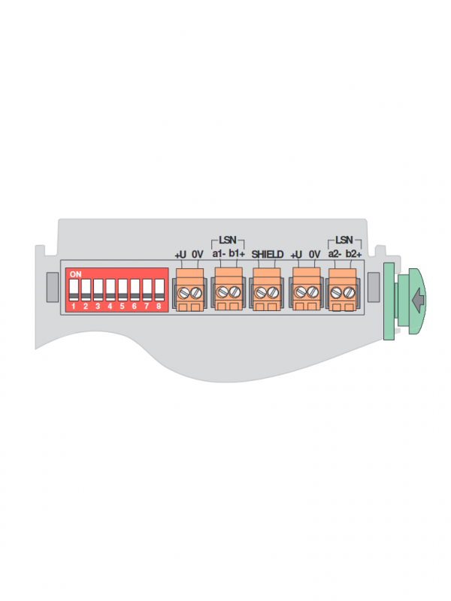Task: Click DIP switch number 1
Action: click(x=74, y=290)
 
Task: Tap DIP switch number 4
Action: click(x=110, y=290)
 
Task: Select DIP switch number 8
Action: click(x=159, y=290)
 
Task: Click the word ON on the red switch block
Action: click(x=76, y=274)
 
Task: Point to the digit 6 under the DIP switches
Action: click(x=135, y=307)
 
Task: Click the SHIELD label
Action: click(x=268, y=255)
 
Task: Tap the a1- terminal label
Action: click(x=219, y=254)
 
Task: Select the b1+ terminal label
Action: click(x=237, y=254)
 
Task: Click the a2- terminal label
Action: click(x=334, y=254)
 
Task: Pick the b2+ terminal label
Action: click(x=353, y=254)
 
